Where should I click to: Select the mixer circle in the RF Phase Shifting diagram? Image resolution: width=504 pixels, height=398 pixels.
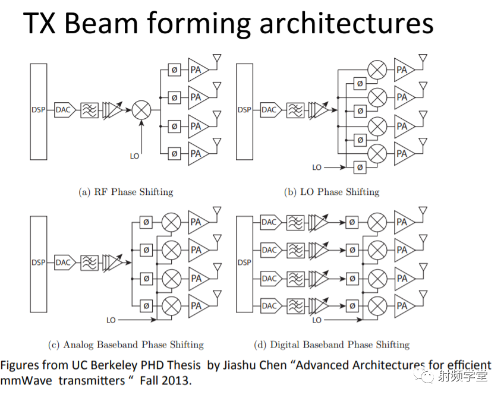[141, 110]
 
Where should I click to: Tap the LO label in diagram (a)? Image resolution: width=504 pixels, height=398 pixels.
[134, 156]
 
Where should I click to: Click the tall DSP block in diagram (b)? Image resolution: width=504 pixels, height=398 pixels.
[244, 110]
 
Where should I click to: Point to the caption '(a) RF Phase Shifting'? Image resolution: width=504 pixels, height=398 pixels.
[125, 192]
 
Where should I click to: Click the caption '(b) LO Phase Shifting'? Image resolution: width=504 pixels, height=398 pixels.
[332, 192]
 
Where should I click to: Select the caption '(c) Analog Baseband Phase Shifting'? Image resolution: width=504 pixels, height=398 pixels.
[125, 345]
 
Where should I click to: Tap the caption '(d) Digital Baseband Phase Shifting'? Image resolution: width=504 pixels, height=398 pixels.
[332, 345]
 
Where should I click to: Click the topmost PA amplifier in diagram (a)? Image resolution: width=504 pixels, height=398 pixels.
[196, 70]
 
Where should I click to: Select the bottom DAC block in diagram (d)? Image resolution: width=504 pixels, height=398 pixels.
[269, 307]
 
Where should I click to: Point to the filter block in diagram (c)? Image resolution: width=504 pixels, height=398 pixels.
[89, 263]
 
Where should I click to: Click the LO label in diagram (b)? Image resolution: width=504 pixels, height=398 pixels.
[317, 168]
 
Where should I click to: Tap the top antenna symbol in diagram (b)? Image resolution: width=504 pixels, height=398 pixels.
[423, 59]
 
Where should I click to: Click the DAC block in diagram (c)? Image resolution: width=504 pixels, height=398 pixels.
[64, 263]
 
